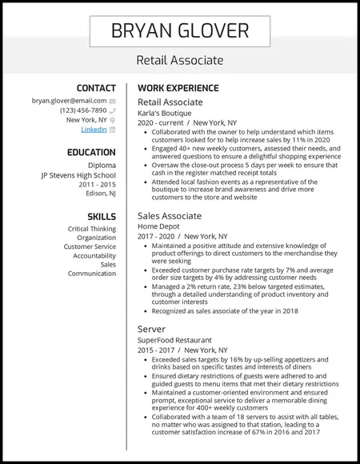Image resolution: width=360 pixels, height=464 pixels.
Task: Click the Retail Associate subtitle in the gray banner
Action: [180, 60]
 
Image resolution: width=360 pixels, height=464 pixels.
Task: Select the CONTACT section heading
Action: [96, 87]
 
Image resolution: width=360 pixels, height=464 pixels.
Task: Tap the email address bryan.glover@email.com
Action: [69, 101]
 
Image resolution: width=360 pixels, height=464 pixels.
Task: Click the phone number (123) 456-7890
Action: [82, 110]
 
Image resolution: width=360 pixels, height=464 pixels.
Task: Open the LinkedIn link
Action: [94, 129]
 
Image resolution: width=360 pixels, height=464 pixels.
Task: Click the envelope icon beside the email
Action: [113, 102]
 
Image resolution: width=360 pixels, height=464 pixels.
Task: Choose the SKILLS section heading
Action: [102, 217]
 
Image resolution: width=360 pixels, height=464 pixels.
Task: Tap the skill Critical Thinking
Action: [92, 229]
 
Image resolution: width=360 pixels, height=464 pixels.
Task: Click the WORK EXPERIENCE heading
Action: [178, 87]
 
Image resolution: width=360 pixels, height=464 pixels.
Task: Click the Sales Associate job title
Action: [170, 216]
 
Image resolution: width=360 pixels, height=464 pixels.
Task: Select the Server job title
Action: [152, 329]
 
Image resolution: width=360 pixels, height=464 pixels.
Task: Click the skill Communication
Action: [92, 274]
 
